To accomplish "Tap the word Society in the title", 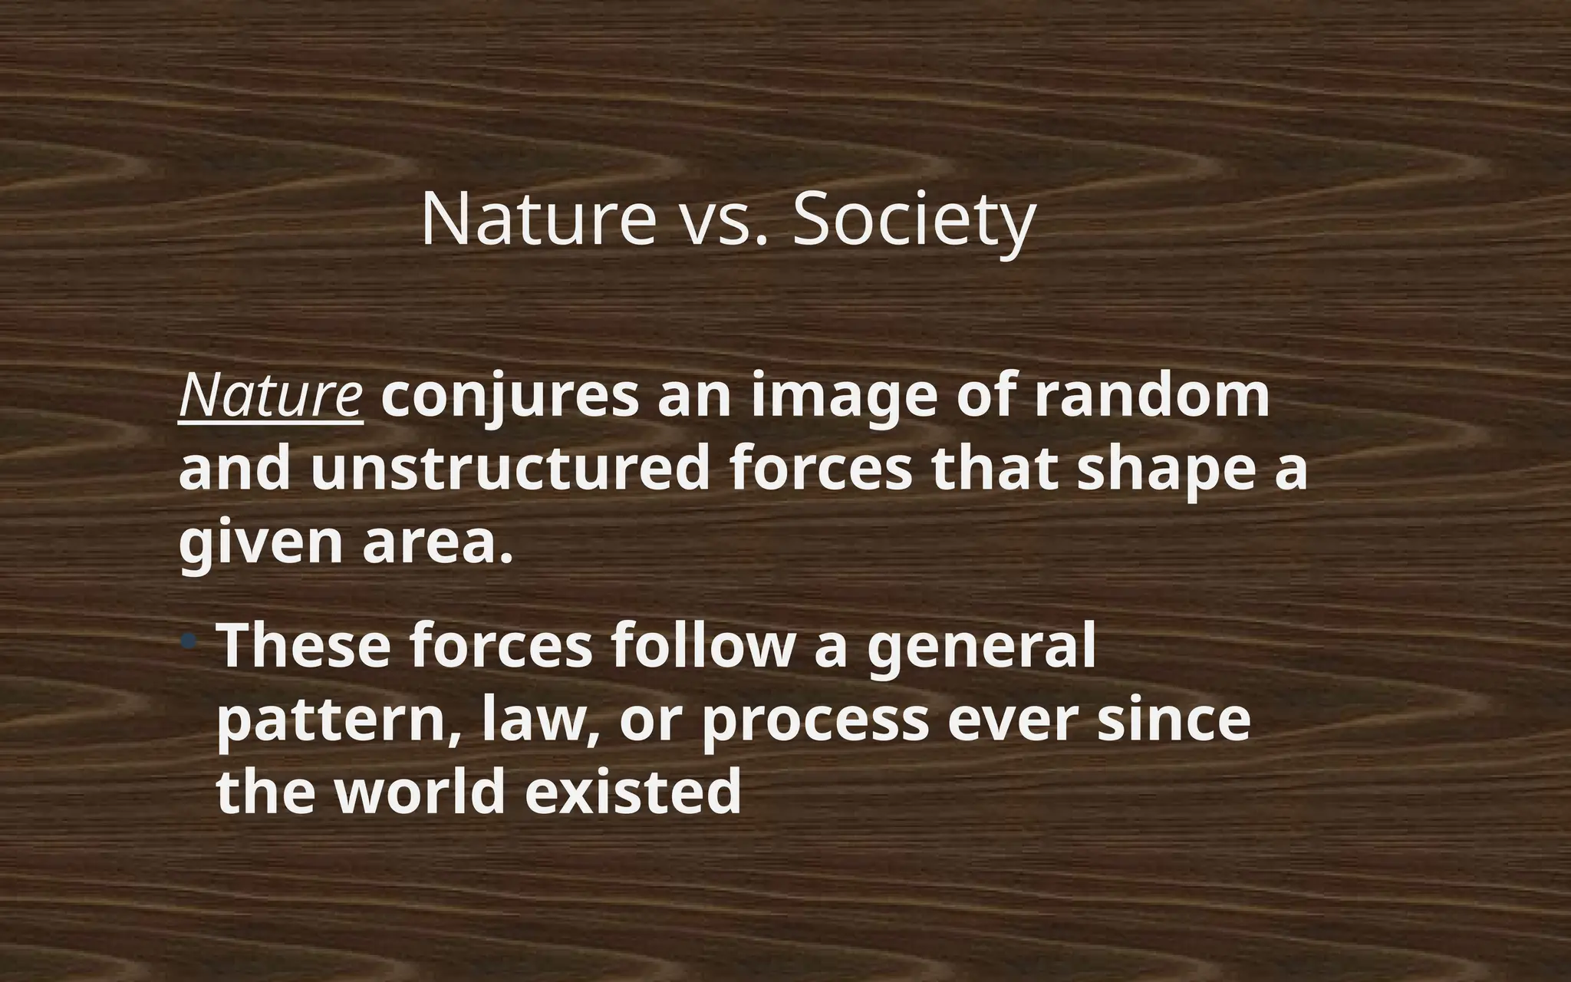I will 913,220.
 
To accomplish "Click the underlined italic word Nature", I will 270,397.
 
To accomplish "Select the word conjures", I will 509,397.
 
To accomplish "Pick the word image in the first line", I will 843,397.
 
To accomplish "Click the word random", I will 1151,397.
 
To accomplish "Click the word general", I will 981,647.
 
